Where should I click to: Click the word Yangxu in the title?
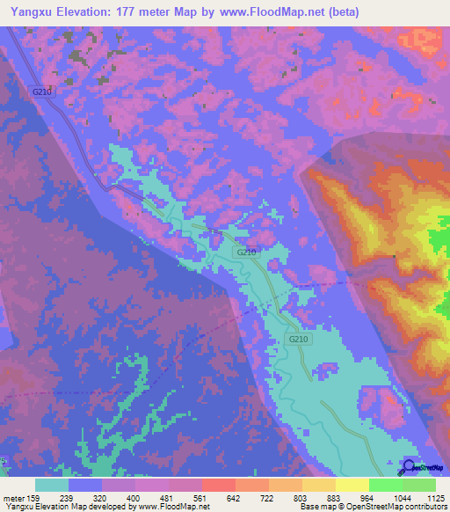pos(26,12)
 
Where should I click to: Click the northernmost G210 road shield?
pos(41,91)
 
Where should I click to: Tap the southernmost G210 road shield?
pos(299,339)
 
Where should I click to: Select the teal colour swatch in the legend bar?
pos(52,485)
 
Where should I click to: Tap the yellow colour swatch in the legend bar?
pos(352,485)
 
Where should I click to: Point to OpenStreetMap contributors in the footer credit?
pos(396,507)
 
